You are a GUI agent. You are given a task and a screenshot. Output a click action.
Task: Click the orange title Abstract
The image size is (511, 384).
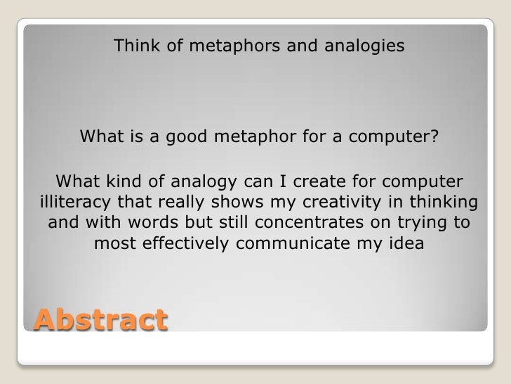(x=99, y=320)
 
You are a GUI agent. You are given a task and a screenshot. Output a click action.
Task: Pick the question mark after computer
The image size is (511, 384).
(x=442, y=135)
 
